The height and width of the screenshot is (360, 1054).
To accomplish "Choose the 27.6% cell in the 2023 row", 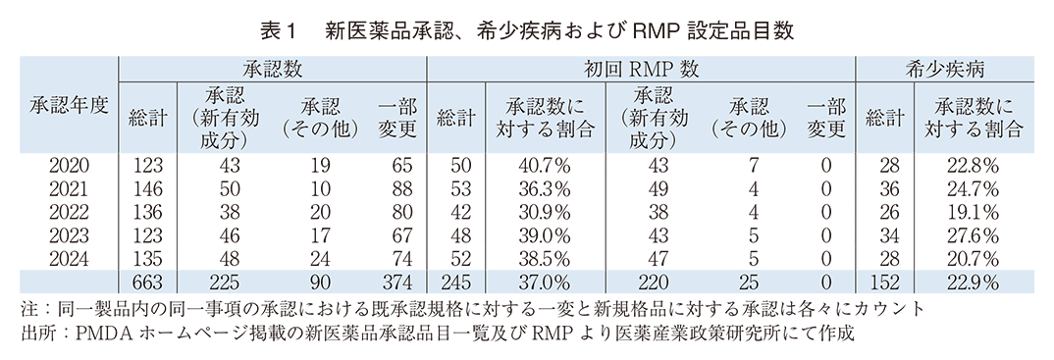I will tap(971, 235).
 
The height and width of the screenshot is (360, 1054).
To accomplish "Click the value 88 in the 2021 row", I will tap(397, 188).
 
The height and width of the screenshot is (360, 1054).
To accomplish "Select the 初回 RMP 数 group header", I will tap(641, 70).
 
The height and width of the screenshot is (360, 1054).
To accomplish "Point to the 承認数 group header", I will tap(272, 70).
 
